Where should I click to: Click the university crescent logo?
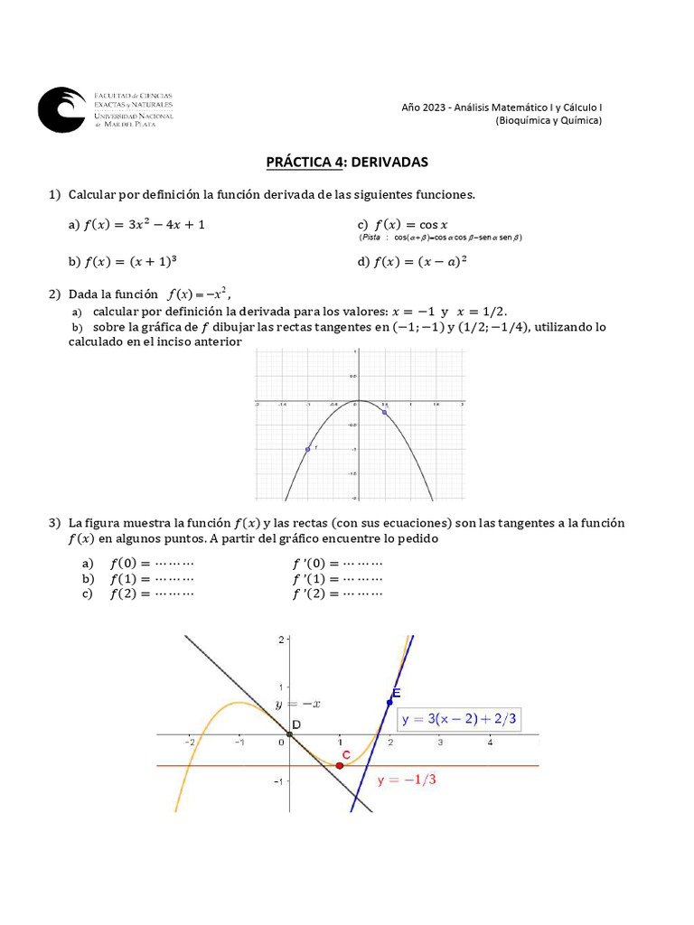click(61, 110)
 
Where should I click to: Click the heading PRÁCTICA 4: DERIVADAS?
click(346, 163)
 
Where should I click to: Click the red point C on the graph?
click(340, 765)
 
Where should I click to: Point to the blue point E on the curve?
click(390, 702)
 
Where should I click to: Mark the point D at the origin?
click(289, 733)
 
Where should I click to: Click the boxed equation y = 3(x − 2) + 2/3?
click(461, 719)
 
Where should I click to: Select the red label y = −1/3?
click(407, 780)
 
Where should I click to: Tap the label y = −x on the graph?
click(287, 704)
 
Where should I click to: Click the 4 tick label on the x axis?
click(490, 743)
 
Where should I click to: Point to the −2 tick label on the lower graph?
click(190, 743)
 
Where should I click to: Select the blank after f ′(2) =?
click(363, 594)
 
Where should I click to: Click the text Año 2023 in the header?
click(423, 107)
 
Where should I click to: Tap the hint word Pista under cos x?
click(370, 238)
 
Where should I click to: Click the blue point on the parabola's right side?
click(385, 413)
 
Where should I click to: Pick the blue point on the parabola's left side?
click(308, 449)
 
